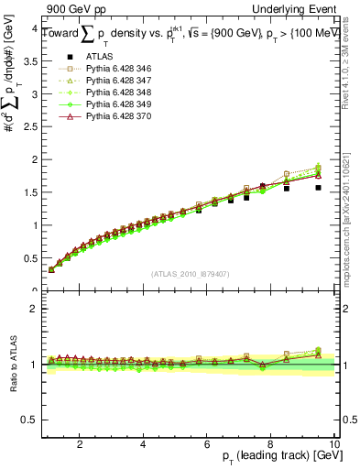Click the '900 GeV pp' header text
(72, 8)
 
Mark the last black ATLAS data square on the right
(318, 188)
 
